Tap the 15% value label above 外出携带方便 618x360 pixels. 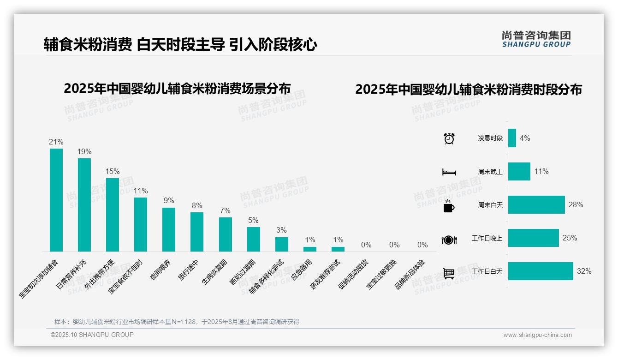113,171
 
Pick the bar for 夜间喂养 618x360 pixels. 169,229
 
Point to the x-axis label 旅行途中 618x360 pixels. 189,270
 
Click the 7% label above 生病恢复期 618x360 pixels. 225,210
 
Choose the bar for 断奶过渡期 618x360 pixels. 254,239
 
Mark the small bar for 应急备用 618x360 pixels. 310,249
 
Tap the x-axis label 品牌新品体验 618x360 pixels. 410,274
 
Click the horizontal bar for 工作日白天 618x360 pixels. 541,271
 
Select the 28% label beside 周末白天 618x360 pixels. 576,204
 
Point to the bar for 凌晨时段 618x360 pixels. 512,138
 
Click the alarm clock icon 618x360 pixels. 449,138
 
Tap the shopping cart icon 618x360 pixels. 449,273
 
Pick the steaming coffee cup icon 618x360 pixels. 449,206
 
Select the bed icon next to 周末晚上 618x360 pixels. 449,172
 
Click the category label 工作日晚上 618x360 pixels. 487,238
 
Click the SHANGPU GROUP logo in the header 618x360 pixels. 536,39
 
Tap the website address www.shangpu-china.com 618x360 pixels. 537,335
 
